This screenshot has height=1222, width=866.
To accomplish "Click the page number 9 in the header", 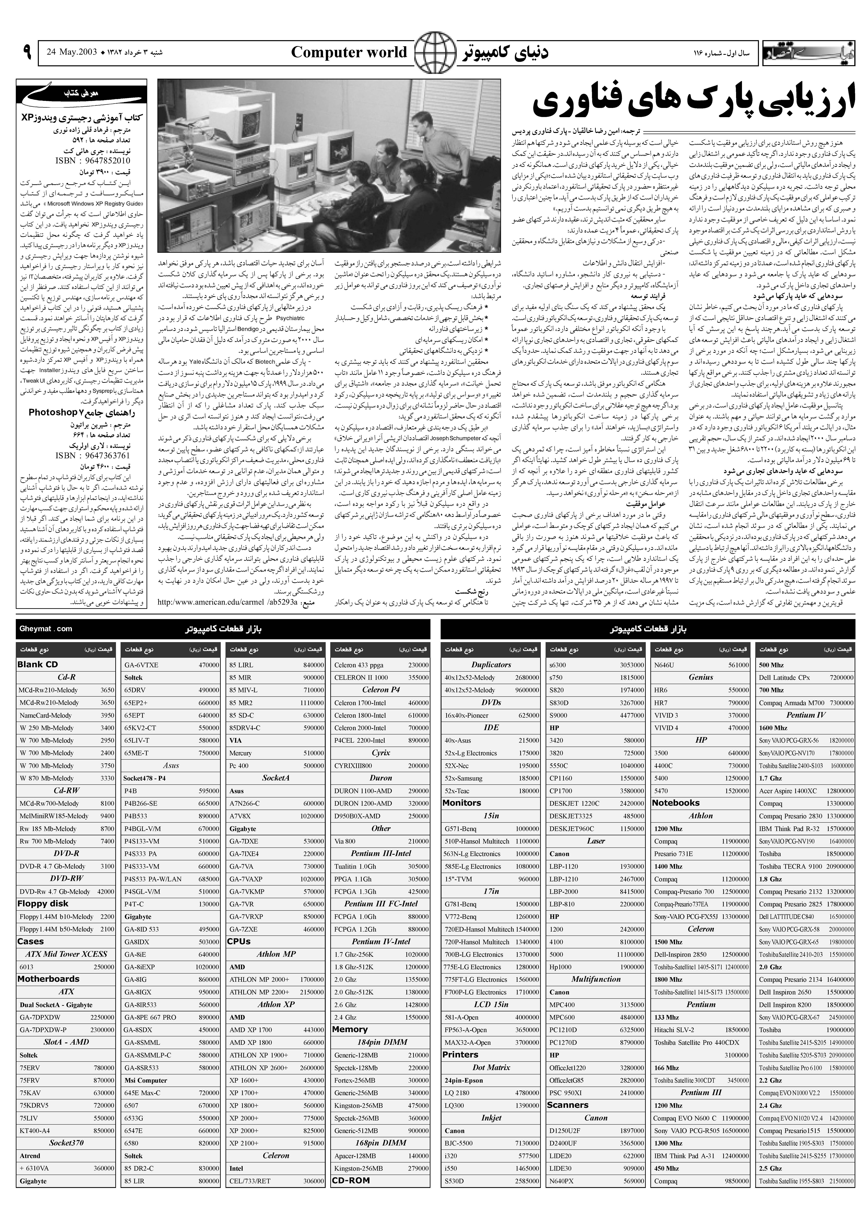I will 27,52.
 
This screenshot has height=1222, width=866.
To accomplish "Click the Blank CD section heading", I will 37,665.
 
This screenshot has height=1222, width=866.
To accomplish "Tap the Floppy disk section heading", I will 43,904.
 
